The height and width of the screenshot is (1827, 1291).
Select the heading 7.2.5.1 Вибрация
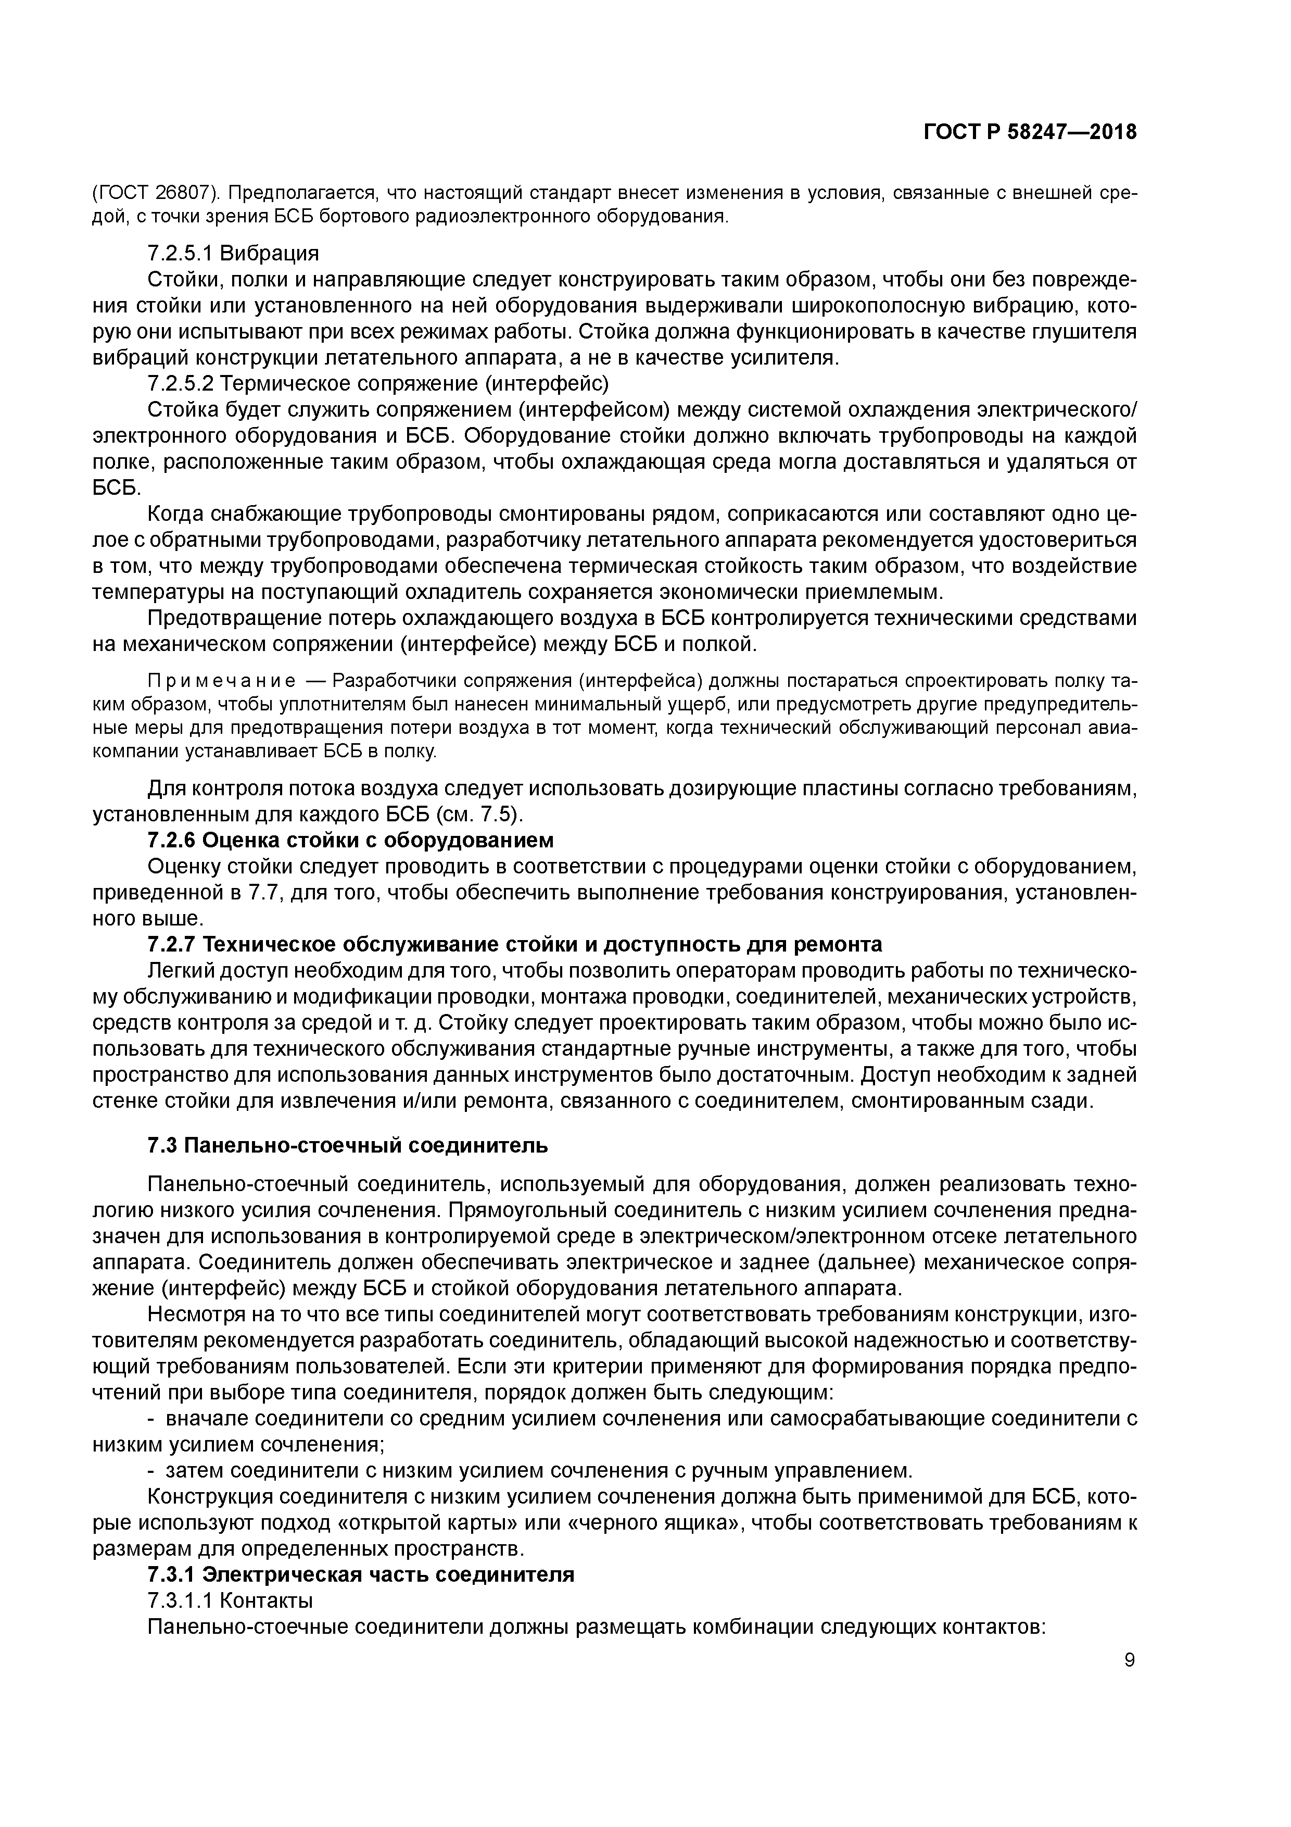click(233, 253)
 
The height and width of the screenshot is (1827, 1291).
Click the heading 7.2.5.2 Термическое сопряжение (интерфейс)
click(378, 383)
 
